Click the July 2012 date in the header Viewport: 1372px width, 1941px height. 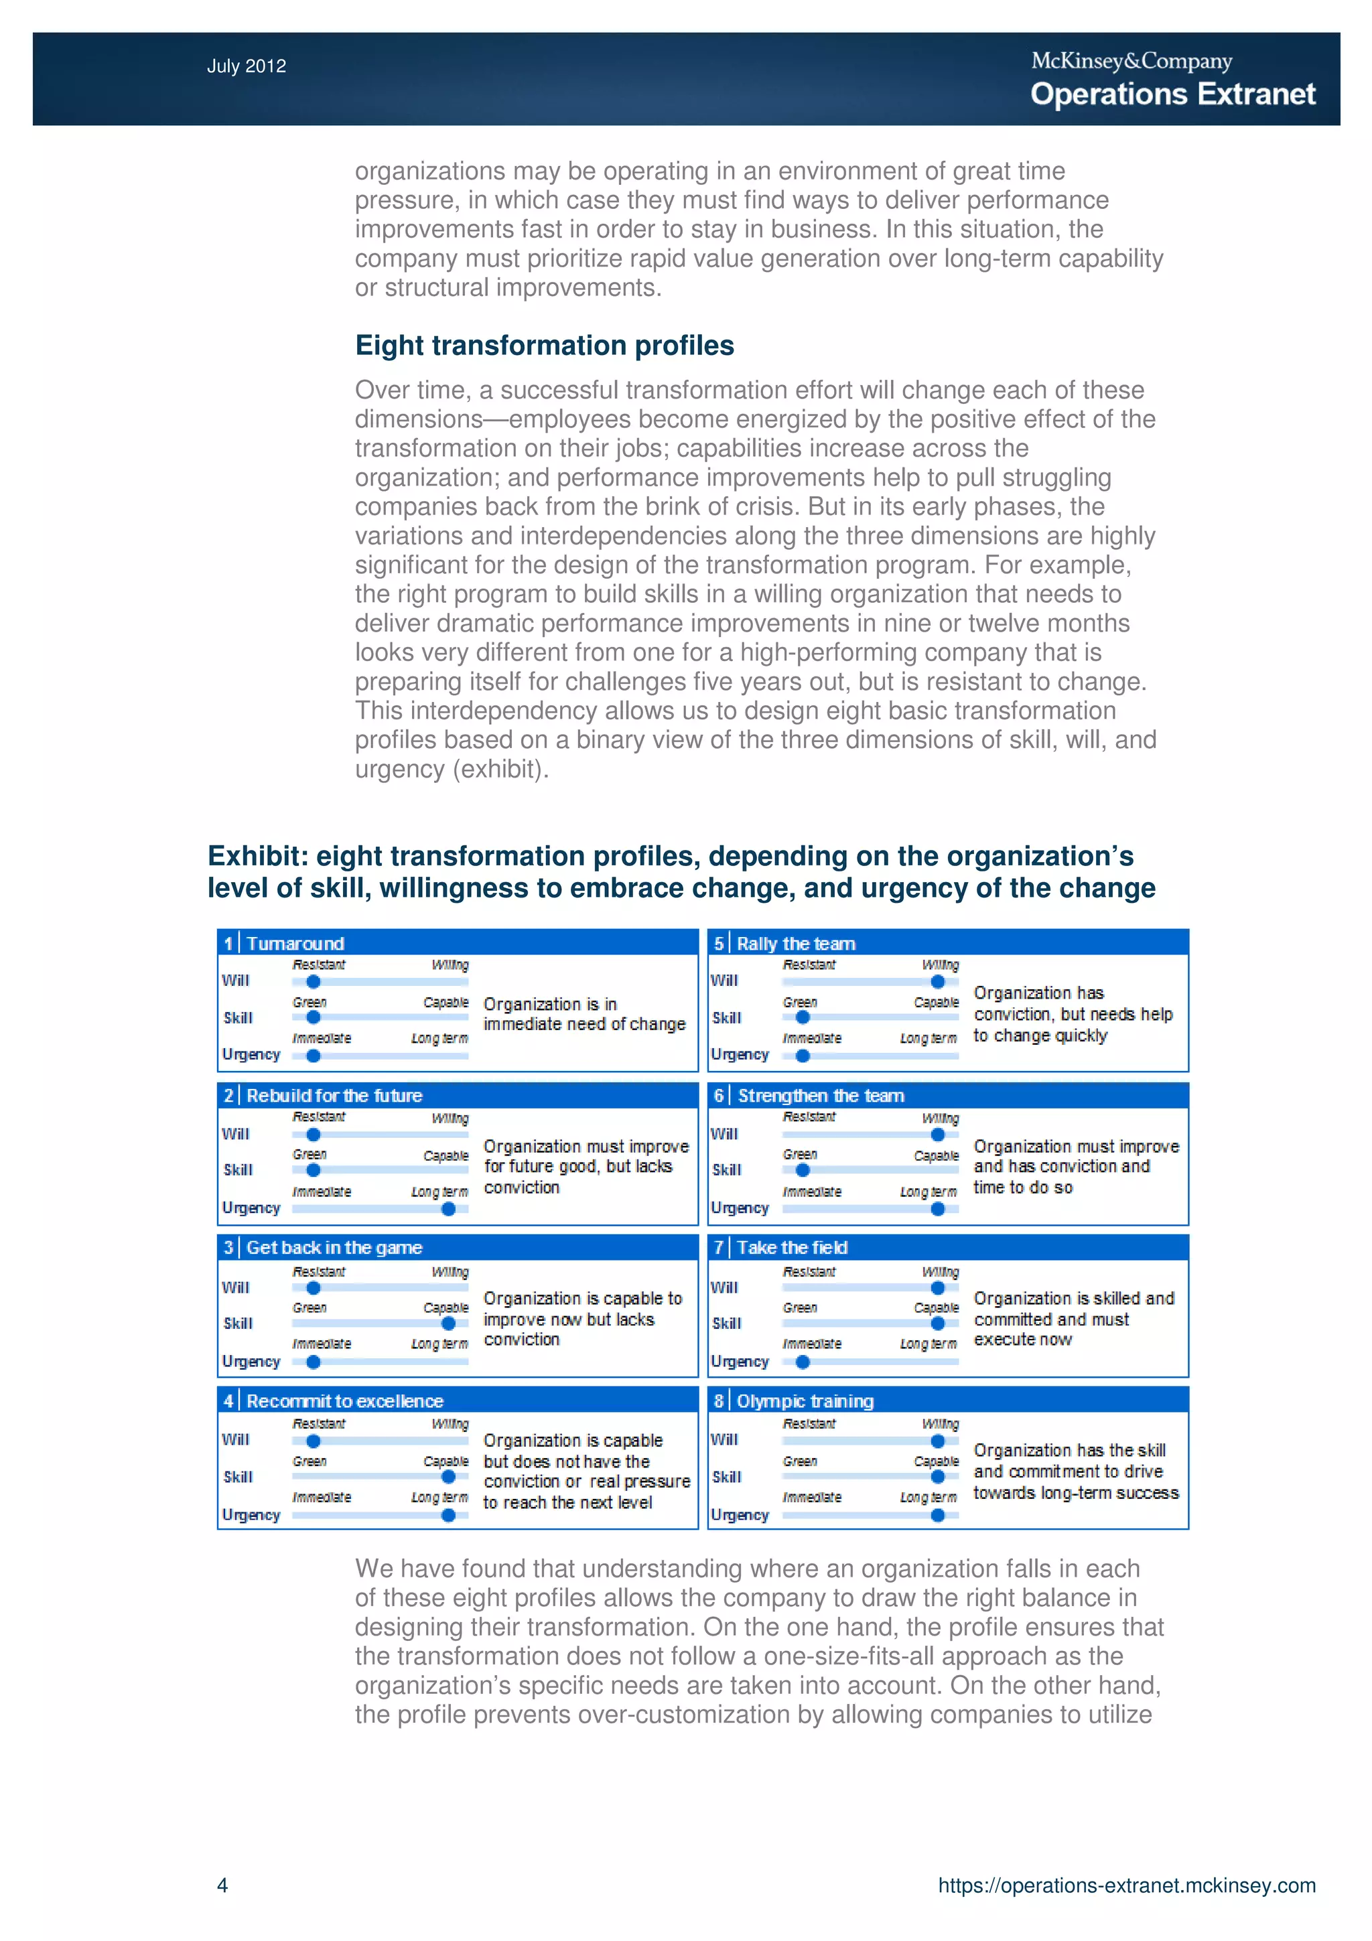[x=246, y=66]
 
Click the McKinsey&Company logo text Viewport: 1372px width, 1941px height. [x=1131, y=61]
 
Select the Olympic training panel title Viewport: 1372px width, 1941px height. [x=805, y=1400]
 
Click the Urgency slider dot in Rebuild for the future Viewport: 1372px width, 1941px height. [x=448, y=1209]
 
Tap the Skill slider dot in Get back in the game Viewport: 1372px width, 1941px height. [x=448, y=1323]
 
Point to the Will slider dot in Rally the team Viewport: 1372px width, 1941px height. [x=937, y=981]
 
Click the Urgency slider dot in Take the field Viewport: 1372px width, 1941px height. [x=803, y=1362]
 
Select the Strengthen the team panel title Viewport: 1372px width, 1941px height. [x=821, y=1096]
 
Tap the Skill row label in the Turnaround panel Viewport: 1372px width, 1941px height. [x=238, y=1018]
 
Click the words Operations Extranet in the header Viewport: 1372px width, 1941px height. [x=1172, y=94]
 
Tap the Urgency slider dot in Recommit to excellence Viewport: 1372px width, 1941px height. [x=448, y=1516]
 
